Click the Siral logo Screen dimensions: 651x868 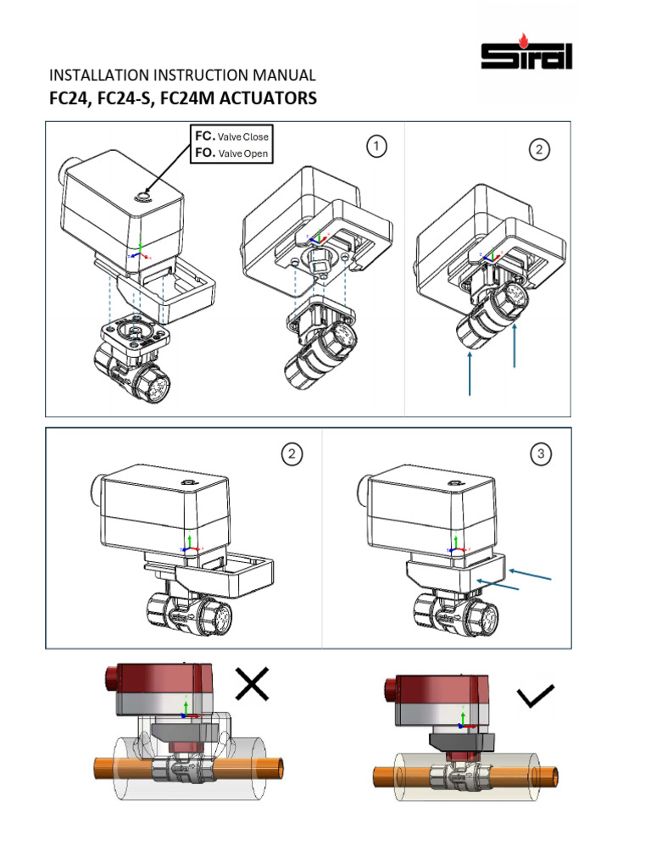[526, 52]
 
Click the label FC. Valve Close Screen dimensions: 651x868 [231, 136]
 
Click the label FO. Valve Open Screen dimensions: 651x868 [231, 153]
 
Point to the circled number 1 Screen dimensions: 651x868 [376, 147]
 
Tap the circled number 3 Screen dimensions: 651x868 [541, 454]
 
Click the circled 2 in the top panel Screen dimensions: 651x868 [539, 149]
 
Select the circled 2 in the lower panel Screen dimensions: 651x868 [292, 454]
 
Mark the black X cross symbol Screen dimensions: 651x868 [253, 684]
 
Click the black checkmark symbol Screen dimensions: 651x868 [536, 696]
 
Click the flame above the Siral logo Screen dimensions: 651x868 [522, 39]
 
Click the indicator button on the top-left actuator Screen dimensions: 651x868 [143, 196]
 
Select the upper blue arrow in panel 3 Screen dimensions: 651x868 [531, 574]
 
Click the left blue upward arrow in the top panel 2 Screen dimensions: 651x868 [470, 374]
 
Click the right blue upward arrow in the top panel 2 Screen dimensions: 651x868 [515, 346]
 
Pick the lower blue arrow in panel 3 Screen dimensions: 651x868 [498, 585]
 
